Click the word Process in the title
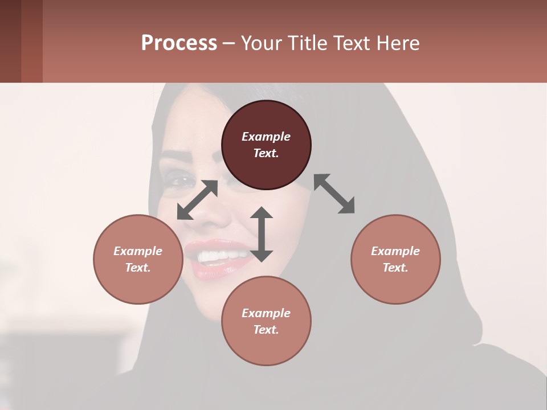(179, 43)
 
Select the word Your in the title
(260, 43)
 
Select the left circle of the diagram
(138, 259)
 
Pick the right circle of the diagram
(395, 259)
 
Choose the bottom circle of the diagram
(266, 321)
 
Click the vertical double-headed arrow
(262, 234)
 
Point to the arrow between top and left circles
(197, 200)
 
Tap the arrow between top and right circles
(334, 194)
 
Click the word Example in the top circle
(266, 137)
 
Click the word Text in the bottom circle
(264, 330)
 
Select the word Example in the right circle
(395, 251)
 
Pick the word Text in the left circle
(136, 268)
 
